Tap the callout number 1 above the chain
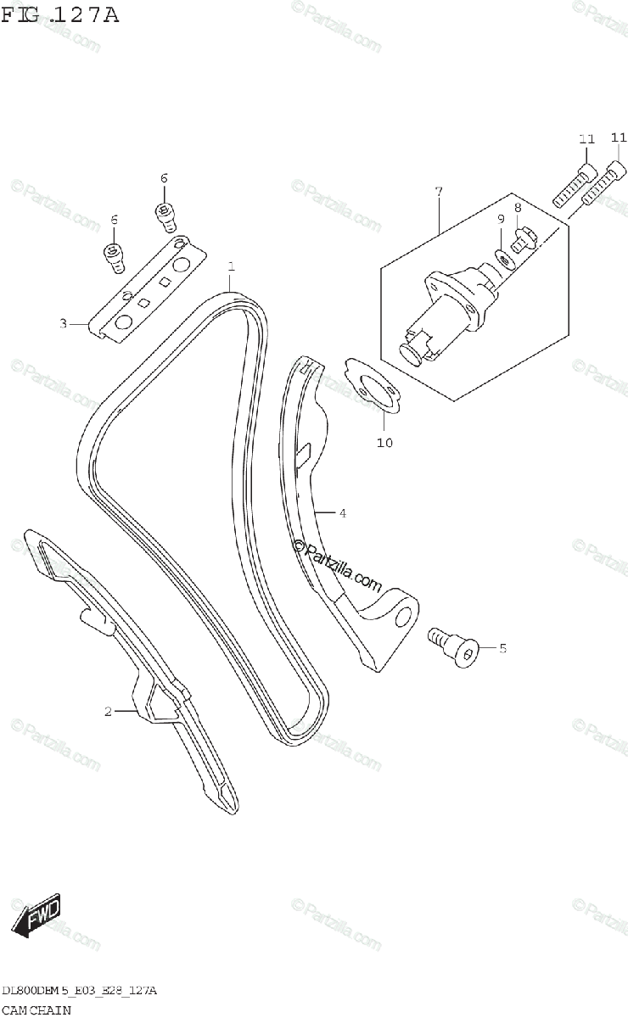point(231,267)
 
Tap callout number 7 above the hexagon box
point(439,192)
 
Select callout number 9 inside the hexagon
point(501,219)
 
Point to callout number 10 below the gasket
point(384,442)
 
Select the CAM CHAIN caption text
point(36,1010)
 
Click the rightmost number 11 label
point(618,137)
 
